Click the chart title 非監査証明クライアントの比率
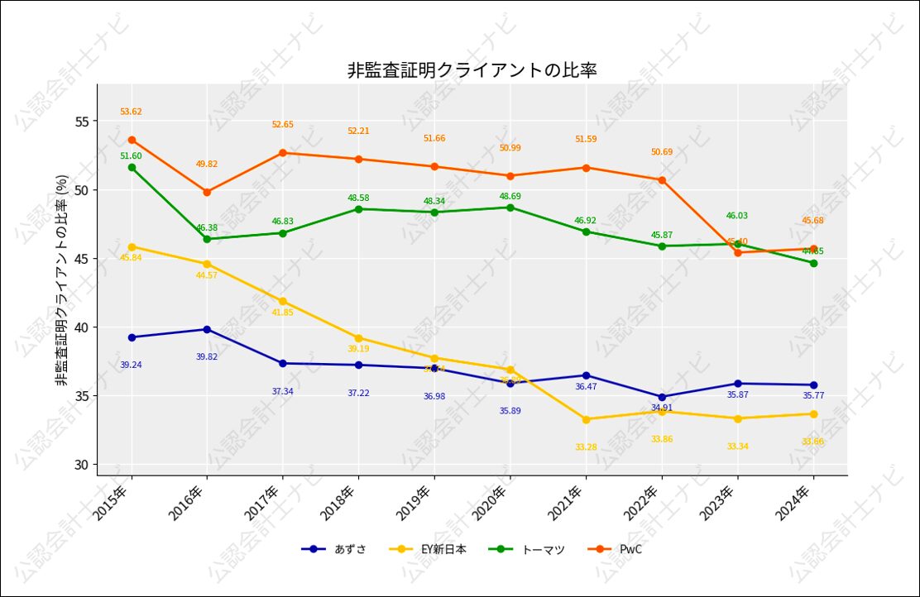pyautogui.click(x=472, y=70)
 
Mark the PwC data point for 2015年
pyautogui.click(x=132, y=140)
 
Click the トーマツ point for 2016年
pyautogui.click(x=207, y=239)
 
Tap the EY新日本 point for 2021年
pyautogui.click(x=586, y=419)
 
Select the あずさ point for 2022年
pyautogui.click(x=662, y=397)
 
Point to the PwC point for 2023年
pyautogui.click(x=737, y=252)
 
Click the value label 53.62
pyautogui.click(x=131, y=112)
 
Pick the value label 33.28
pyautogui.click(x=586, y=447)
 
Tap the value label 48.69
pyautogui.click(x=510, y=196)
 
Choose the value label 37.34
pyautogui.click(x=282, y=391)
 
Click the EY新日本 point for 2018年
pyautogui.click(x=358, y=337)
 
